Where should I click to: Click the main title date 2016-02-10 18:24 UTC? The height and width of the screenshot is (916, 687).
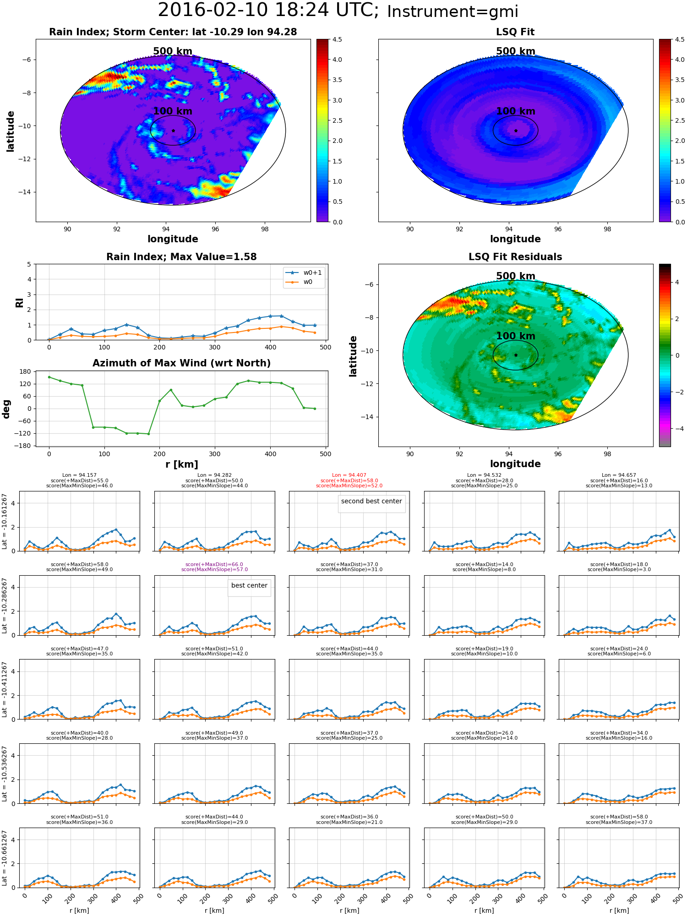tap(268, 10)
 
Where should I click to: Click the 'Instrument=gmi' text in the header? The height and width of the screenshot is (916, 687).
tap(453, 12)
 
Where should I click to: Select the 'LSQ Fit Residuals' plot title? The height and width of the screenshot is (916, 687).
tap(515, 257)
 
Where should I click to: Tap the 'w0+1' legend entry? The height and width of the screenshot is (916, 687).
tap(304, 273)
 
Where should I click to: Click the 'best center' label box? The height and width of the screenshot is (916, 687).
tap(249, 586)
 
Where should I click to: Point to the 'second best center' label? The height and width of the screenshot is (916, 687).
tap(371, 502)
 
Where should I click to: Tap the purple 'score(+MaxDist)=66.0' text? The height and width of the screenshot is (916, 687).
tap(214, 565)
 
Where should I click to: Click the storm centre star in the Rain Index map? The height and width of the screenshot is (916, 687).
tap(173, 131)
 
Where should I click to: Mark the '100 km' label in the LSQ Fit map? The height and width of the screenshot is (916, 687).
tap(516, 111)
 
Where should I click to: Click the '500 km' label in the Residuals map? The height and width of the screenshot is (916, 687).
tap(516, 276)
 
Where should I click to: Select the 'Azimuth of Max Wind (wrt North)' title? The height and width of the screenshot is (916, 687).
tap(181, 363)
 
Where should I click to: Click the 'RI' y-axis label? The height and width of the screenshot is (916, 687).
tap(19, 303)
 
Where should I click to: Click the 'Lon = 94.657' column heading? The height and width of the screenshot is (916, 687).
tap(619, 475)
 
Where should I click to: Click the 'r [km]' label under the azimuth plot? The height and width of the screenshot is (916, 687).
tap(182, 464)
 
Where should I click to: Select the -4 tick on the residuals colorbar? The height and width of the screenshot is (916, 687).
tap(677, 429)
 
